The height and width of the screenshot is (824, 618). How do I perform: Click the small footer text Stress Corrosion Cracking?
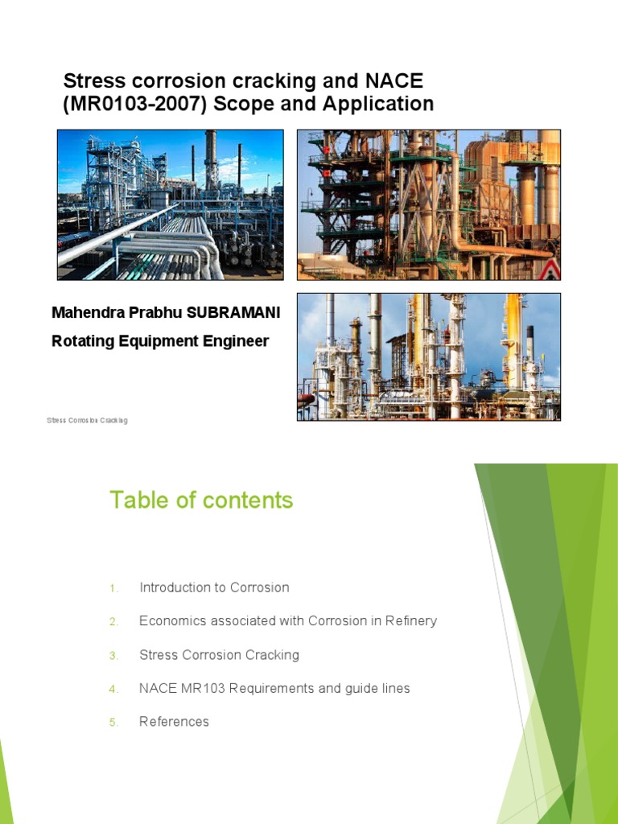tap(87, 421)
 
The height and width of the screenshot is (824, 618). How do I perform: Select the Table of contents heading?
tap(201, 501)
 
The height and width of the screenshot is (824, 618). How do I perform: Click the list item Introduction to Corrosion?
tap(214, 587)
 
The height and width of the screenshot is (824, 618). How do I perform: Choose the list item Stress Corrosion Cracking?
tap(219, 655)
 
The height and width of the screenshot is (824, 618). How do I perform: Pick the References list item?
tap(174, 722)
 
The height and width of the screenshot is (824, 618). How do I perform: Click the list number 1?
tap(113, 588)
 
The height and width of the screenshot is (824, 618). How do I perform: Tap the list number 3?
tap(113, 656)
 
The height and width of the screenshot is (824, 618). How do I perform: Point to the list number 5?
tap(113, 723)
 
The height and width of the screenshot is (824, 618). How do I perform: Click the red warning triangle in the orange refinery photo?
tap(549, 270)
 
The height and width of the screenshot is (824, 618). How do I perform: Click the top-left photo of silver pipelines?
tap(170, 204)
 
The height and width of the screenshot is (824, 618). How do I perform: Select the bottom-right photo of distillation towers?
tap(428, 356)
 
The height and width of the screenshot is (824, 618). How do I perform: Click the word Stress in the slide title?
tap(91, 80)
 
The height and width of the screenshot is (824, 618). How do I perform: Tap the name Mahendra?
tap(89, 312)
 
